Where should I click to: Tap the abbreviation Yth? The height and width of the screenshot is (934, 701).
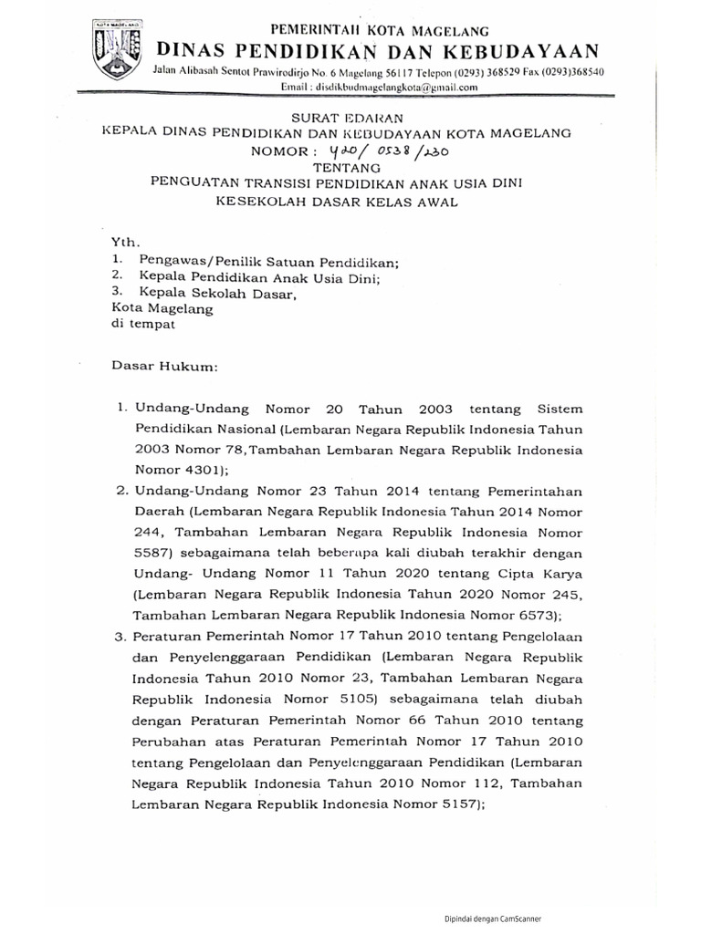tap(123, 242)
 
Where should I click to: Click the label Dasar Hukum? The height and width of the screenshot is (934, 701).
tap(165, 366)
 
